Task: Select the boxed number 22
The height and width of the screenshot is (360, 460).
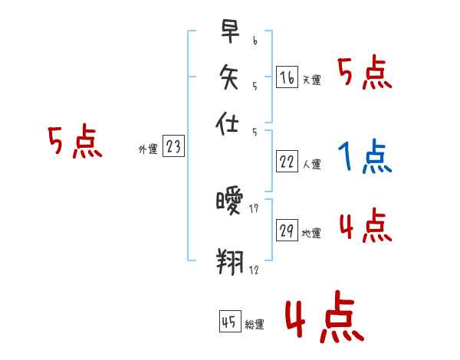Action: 287,162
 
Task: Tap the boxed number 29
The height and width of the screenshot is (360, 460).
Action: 287,231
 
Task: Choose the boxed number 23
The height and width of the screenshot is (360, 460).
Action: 173,147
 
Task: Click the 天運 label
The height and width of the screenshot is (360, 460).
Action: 312,80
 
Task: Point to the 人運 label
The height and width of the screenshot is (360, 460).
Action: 312,164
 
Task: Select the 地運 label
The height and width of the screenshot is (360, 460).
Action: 312,234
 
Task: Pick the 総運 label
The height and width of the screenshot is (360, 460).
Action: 255,324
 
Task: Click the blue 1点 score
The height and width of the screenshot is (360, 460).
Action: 364,157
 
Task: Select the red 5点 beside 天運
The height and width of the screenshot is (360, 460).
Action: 364,74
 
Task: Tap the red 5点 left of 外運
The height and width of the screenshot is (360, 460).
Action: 74,142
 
